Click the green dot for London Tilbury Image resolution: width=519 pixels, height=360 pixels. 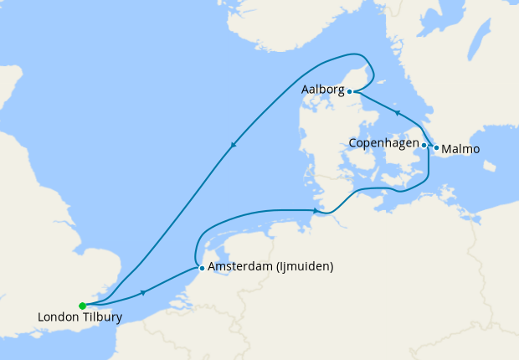82,306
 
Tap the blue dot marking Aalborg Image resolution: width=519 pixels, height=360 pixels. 349,92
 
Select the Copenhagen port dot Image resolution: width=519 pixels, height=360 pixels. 424,145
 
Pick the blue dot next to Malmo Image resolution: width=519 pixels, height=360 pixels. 436,147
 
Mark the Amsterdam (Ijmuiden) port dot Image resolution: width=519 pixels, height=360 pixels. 202,268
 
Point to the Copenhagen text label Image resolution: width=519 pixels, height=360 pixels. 383,144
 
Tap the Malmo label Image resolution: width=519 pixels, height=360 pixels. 460,149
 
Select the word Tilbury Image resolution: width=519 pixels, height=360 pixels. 102,317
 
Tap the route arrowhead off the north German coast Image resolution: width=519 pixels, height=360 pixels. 317,211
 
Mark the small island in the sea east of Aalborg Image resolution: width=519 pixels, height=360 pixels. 380,81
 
